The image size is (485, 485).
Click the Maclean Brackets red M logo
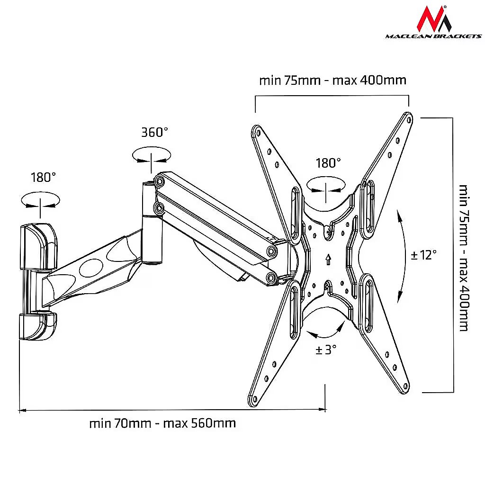click(434, 19)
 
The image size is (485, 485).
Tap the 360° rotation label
click(155, 133)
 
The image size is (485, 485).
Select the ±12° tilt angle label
click(423, 255)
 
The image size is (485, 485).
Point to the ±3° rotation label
click(326, 350)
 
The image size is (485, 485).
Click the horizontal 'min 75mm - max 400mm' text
click(332, 81)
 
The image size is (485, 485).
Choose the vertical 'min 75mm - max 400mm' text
click(464, 258)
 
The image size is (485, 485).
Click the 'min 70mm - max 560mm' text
click(162, 423)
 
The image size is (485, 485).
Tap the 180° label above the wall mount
click(43, 178)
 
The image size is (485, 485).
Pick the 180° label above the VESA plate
click(328, 163)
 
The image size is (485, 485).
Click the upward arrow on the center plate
click(328, 259)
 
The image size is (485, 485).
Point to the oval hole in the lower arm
click(91, 268)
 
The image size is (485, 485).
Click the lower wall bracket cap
click(38, 326)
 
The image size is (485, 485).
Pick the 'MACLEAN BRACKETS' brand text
click(433, 36)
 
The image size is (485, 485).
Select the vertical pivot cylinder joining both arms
click(152, 223)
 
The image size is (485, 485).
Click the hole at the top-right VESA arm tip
click(409, 119)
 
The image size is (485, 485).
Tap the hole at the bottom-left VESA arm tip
click(254, 399)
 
